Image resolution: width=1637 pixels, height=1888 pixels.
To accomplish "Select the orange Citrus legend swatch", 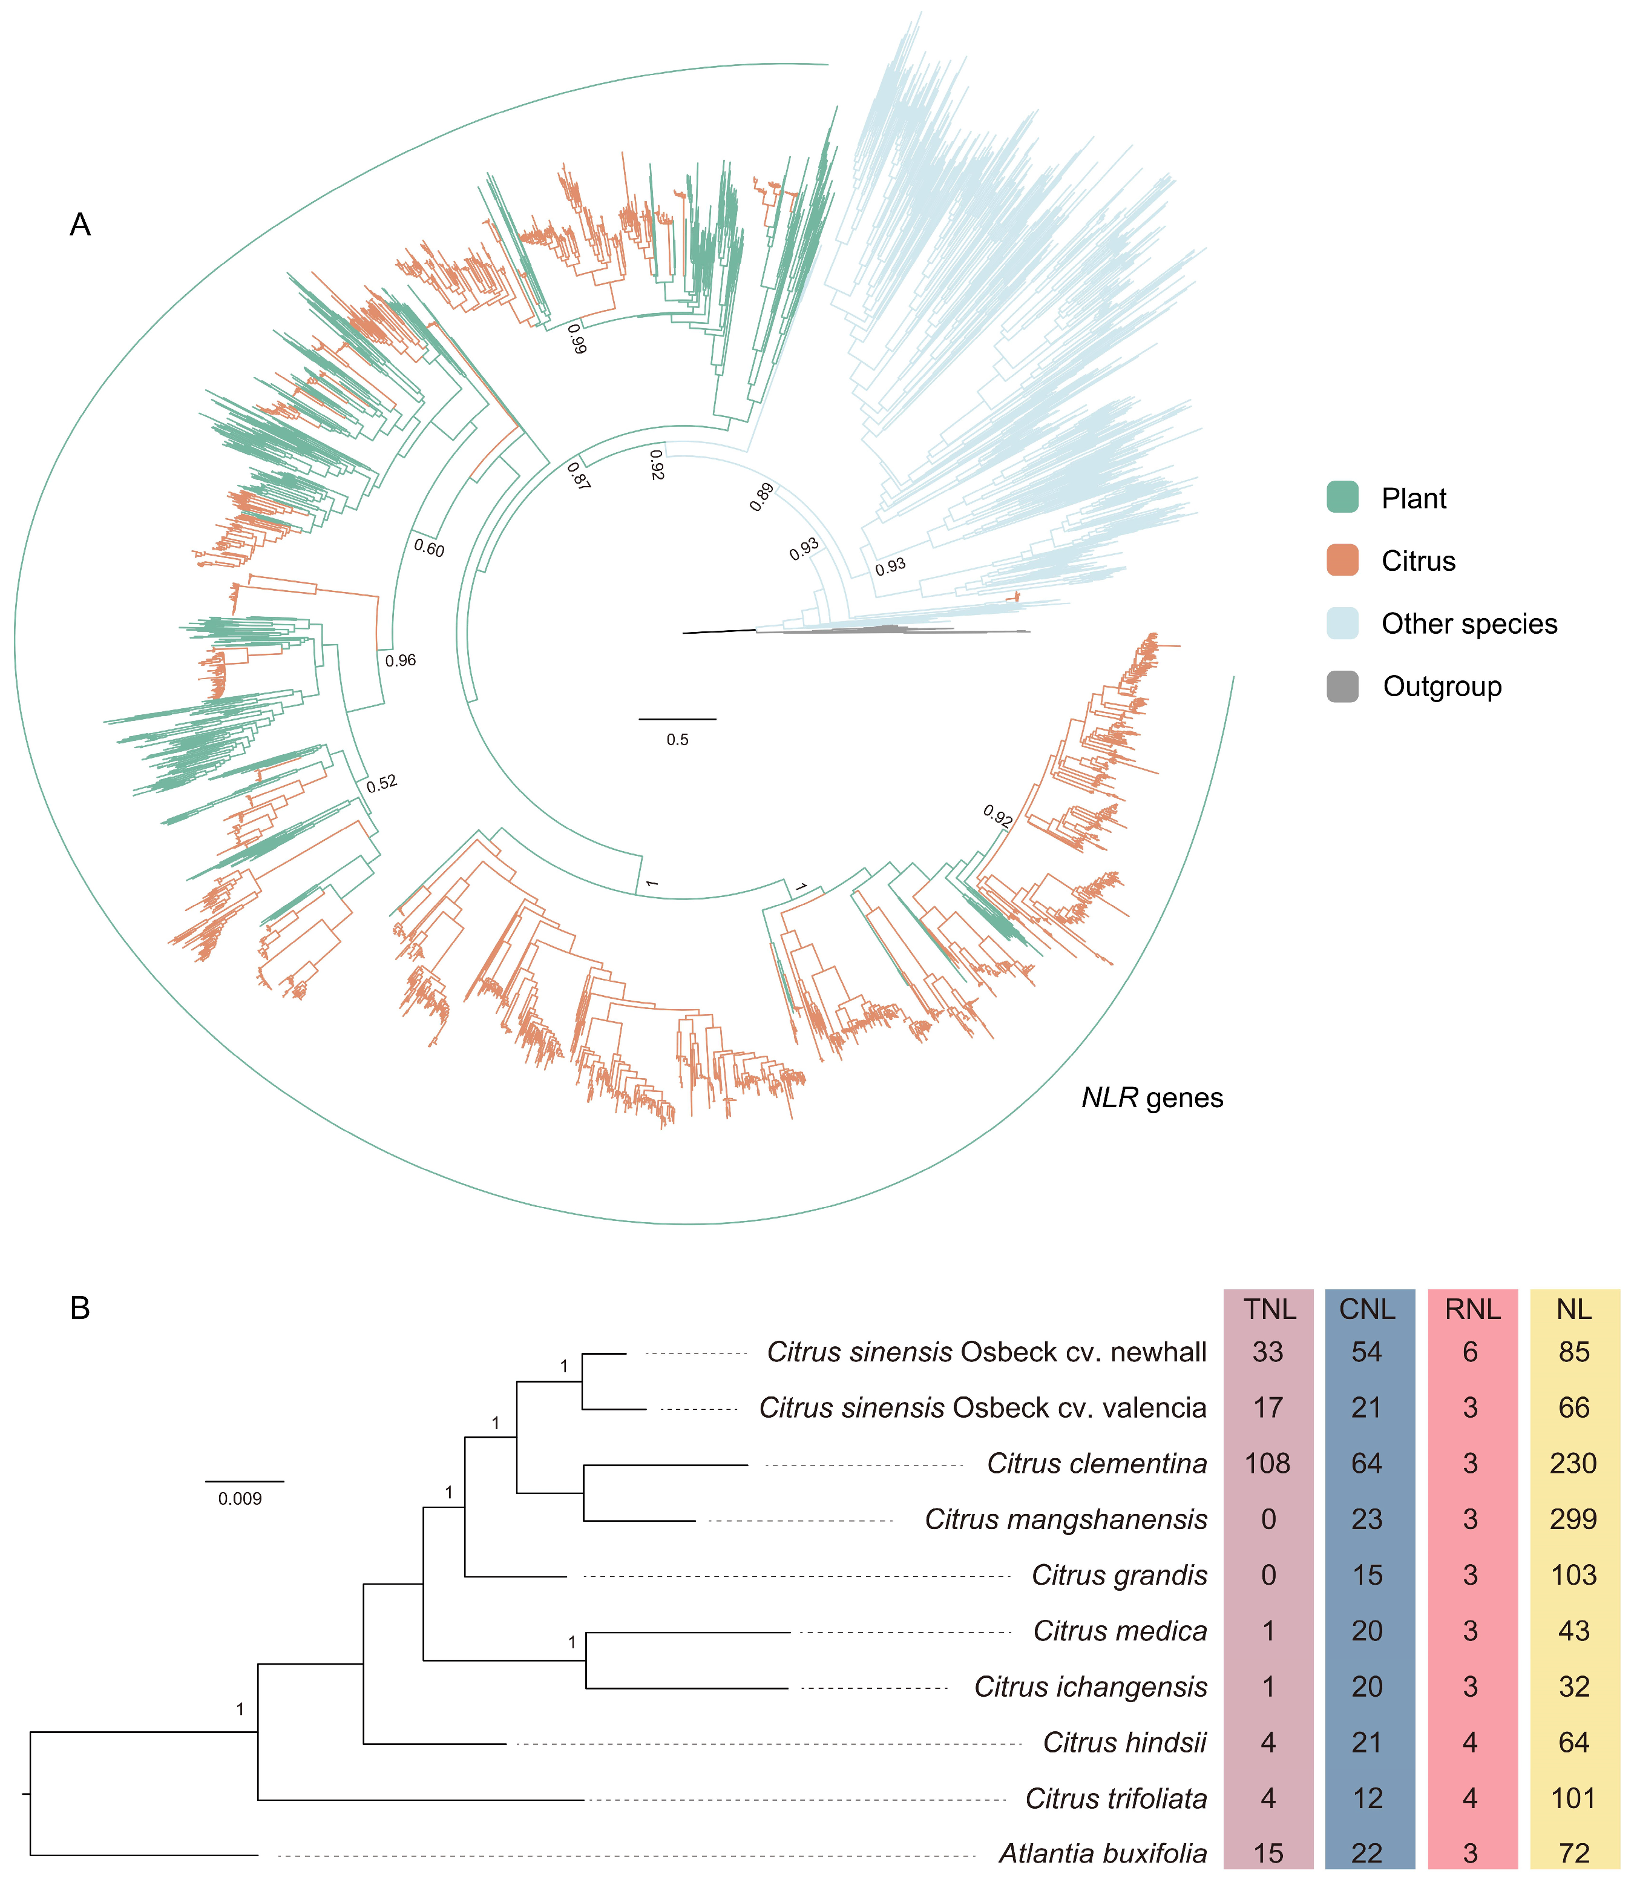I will [1342, 560].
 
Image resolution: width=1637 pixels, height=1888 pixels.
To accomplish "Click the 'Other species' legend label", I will [1469, 623].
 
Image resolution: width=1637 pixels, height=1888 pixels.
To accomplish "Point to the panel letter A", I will [80, 225].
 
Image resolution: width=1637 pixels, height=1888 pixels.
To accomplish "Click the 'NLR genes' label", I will [1152, 1097].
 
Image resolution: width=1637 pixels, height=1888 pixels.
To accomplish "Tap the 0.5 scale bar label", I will [677, 739].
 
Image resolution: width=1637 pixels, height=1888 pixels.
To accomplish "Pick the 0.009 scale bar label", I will [240, 1499].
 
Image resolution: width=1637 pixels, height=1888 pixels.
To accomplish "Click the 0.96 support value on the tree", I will [400, 660].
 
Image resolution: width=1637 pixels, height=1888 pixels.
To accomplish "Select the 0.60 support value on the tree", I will [429, 548].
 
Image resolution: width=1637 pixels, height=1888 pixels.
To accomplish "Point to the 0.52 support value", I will [382, 783].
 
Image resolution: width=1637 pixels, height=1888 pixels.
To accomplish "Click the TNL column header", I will [1269, 1309].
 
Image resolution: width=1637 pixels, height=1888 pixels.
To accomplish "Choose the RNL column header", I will [1472, 1309].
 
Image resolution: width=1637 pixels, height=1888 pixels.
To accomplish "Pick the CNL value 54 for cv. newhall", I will [1366, 1352].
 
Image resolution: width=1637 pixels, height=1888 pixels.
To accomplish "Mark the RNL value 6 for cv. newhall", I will [1470, 1352].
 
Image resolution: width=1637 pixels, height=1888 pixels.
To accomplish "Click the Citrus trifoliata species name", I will [1115, 1798].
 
